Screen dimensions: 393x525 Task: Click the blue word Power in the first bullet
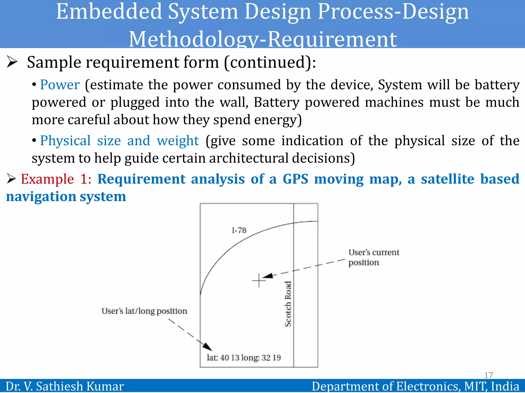(x=60, y=85)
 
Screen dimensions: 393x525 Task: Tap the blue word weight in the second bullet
(x=178, y=141)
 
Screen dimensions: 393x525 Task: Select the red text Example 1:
(x=56, y=179)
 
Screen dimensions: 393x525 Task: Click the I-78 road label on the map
(x=239, y=230)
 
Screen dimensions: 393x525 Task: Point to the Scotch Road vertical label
(x=288, y=304)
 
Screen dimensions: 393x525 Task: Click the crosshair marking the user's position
(x=259, y=281)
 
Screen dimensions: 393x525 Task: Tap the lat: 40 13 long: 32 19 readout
(x=244, y=357)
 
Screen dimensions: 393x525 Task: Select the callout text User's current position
(x=373, y=257)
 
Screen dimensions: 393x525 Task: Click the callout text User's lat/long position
(x=144, y=311)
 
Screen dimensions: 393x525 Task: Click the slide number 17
(x=488, y=375)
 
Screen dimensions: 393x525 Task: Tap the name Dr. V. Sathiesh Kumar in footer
(x=65, y=386)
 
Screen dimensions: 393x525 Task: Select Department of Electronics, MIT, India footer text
(x=415, y=386)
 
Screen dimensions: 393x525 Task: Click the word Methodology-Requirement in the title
(x=262, y=39)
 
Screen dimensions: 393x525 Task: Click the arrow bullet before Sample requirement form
(x=12, y=62)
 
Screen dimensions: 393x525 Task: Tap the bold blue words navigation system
(x=66, y=196)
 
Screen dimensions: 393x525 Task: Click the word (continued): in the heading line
(x=270, y=62)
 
